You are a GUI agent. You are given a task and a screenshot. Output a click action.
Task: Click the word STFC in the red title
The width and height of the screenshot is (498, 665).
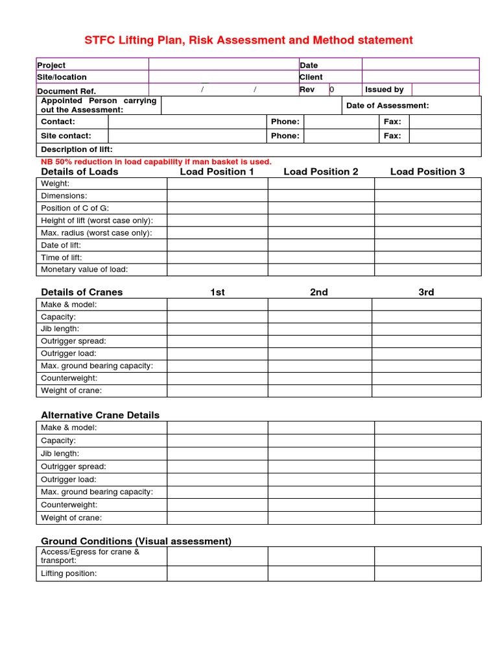(x=99, y=40)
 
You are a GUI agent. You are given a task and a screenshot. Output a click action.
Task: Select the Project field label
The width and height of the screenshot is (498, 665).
(x=51, y=65)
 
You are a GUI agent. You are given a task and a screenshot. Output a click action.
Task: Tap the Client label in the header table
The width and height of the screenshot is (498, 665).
(x=311, y=77)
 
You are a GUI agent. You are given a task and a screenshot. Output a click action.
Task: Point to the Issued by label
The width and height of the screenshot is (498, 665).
(x=384, y=90)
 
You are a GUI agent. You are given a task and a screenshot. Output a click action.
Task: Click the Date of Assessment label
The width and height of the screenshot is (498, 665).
(x=387, y=105)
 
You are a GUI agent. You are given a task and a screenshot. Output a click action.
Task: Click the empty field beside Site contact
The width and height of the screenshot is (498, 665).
(x=187, y=136)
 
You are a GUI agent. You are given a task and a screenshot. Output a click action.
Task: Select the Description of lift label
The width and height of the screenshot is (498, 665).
(x=77, y=149)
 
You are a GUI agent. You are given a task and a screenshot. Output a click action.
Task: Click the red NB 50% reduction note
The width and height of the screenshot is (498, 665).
(x=156, y=162)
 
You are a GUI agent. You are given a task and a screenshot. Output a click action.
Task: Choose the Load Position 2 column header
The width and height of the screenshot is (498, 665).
(x=320, y=171)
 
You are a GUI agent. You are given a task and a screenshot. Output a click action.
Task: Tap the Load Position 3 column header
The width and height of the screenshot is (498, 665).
(x=427, y=171)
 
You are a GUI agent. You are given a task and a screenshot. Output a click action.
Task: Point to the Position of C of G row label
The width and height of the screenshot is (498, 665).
(x=75, y=208)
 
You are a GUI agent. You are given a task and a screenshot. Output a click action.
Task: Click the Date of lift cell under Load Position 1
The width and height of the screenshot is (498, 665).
(x=217, y=245)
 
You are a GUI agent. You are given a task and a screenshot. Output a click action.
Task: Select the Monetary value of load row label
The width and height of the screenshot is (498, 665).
(x=84, y=270)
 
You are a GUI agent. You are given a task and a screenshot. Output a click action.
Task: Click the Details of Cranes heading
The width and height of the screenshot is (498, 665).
(x=82, y=292)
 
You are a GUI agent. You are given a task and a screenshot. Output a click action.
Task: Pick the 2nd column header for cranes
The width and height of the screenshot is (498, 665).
(x=318, y=292)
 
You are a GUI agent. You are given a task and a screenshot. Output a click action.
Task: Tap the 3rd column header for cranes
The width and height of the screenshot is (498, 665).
(x=426, y=292)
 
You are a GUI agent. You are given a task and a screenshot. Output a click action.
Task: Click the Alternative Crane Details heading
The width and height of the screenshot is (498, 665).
(x=100, y=415)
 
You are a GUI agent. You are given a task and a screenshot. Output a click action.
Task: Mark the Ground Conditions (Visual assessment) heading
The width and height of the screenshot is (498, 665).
(x=136, y=541)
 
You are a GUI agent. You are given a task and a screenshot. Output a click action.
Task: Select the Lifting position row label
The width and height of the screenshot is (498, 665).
(x=69, y=573)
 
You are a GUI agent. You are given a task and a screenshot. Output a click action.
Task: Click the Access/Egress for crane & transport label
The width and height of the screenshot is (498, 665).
(x=89, y=556)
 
